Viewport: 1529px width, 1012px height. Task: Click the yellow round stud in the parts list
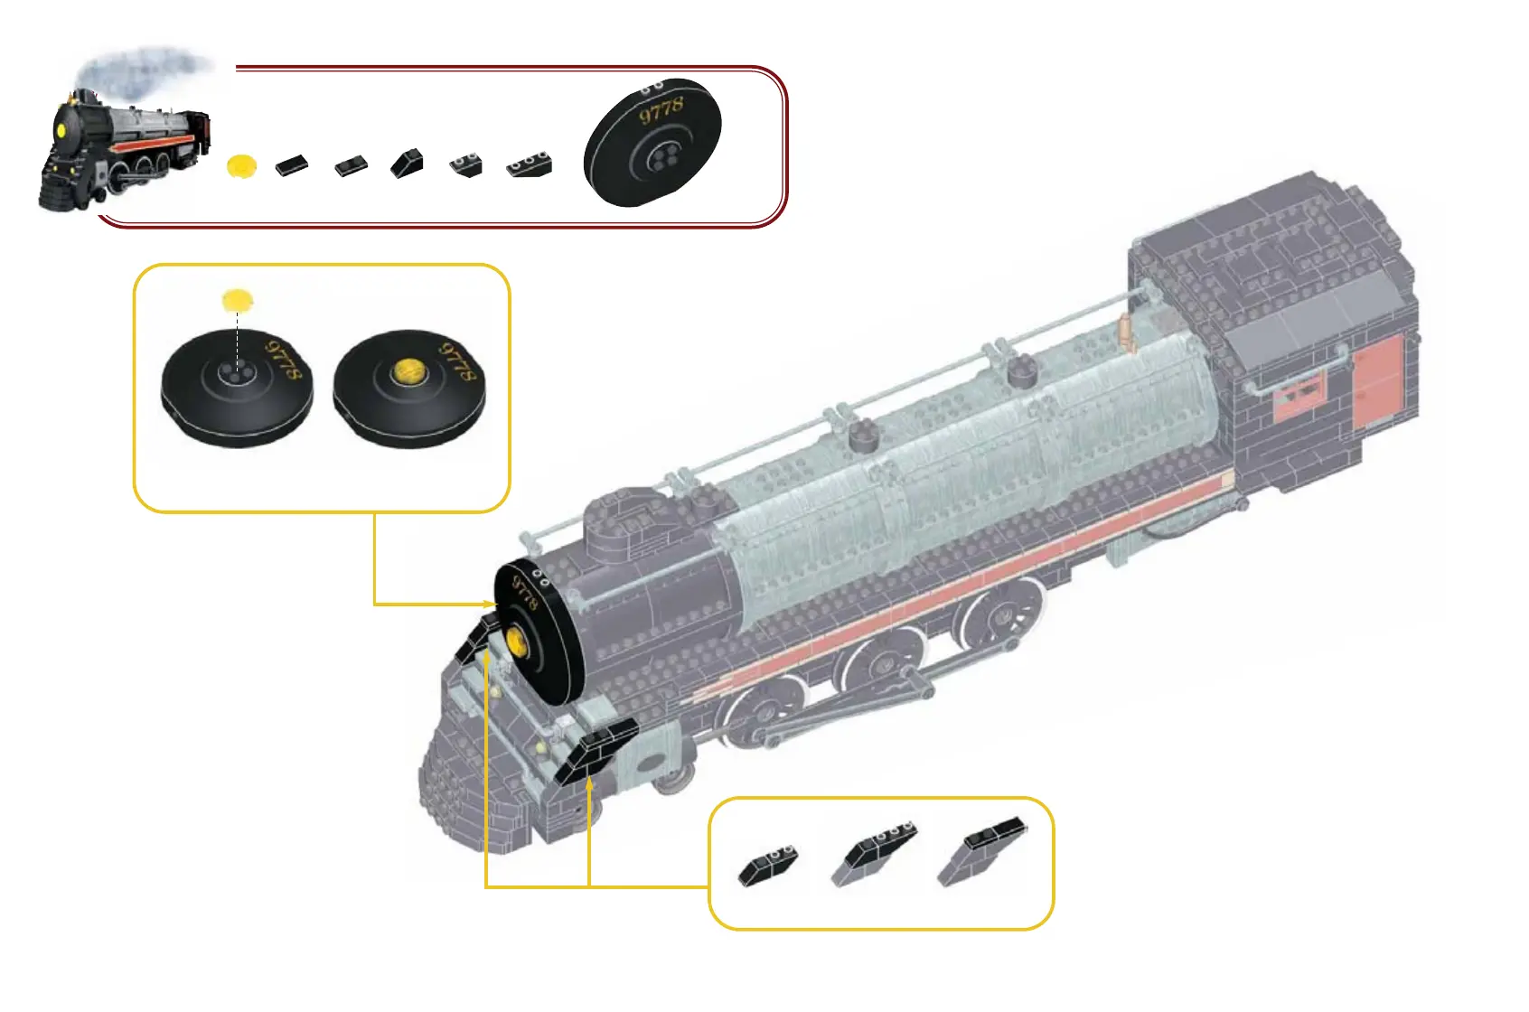[x=241, y=165]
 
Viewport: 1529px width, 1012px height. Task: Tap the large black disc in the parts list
[x=652, y=142]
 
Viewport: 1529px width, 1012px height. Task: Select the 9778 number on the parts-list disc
[x=661, y=111]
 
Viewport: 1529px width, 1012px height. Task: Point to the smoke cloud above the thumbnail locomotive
[x=145, y=68]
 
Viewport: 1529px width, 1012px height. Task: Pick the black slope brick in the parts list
[x=408, y=164]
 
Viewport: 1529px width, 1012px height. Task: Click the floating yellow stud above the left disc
[x=238, y=300]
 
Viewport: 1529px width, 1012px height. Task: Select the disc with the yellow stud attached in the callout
[x=408, y=387]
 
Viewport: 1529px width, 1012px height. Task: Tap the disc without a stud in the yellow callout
[x=237, y=387]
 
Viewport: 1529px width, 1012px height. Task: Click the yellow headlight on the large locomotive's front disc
[x=517, y=641]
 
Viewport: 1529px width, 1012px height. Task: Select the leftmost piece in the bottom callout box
[x=768, y=865]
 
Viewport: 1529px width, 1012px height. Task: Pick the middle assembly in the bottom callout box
[x=873, y=854]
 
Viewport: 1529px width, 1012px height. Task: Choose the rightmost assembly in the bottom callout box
[x=981, y=850]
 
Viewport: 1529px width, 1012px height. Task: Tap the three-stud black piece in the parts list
[x=530, y=165]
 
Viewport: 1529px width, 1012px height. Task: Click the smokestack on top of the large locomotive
[x=622, y=514]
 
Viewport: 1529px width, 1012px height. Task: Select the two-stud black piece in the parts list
[x=466, y=165]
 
